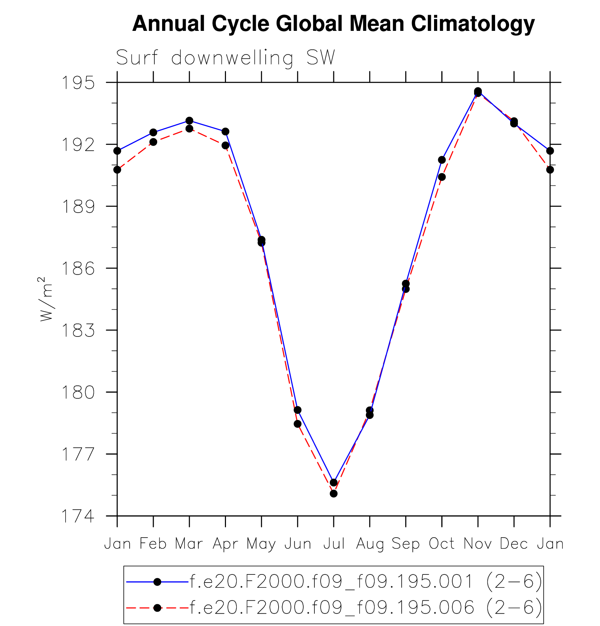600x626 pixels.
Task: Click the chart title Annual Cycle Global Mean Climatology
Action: tap(333, 24)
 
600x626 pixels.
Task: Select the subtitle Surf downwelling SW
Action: tap(226, 58)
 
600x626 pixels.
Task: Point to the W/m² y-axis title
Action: tap(46, 299)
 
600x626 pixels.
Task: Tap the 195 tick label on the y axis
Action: tap(78, 83)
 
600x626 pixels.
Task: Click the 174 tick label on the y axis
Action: tap(78, 516)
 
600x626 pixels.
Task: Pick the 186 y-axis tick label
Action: tap(78, 268)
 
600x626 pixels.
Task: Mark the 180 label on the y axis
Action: tap(78, 392)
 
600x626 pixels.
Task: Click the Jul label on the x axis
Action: tap(334, 544)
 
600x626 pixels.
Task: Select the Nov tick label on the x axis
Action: tap(478, 544)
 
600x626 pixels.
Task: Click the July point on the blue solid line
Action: tap(334, 482)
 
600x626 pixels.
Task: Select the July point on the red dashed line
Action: tap(334, 494)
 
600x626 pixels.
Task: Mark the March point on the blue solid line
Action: tap(189, 121)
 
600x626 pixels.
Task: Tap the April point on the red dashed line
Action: tap(225, 145)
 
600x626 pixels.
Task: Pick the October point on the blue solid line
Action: tap(442, 160)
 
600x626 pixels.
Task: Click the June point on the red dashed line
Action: tap(298, 424)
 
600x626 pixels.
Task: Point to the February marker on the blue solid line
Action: tap(153, 132)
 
